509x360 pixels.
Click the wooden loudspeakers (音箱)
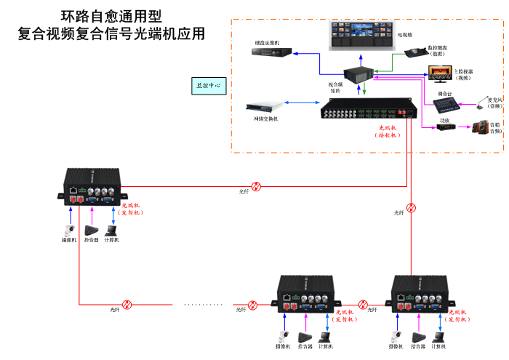[x=481, y=128]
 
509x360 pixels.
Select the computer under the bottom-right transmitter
[x=438, y=337]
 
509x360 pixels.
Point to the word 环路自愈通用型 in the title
[x=111, y=15]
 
